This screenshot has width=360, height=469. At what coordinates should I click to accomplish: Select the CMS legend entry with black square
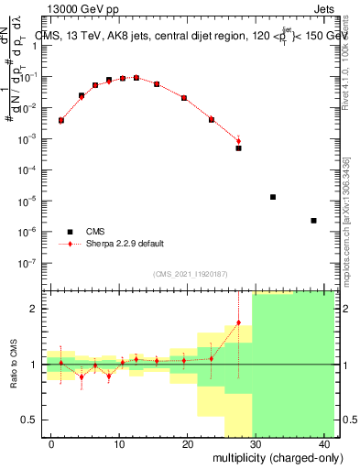(x=95, y=232)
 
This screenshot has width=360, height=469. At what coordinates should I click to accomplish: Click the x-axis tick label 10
(x=119, y=444)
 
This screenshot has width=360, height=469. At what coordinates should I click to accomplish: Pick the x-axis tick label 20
(x=187, y=444)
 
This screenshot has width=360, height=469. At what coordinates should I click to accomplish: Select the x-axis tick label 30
(x=255, y=444)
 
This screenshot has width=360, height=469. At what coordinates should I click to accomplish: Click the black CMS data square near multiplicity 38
(x=313, y=221)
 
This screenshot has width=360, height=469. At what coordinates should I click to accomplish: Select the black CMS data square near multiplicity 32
(x=272, y=197)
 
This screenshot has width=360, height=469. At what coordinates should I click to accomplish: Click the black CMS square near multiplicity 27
(x=238, y=147)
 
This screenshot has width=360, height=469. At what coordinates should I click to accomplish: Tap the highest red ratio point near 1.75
(x=238, y=322)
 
